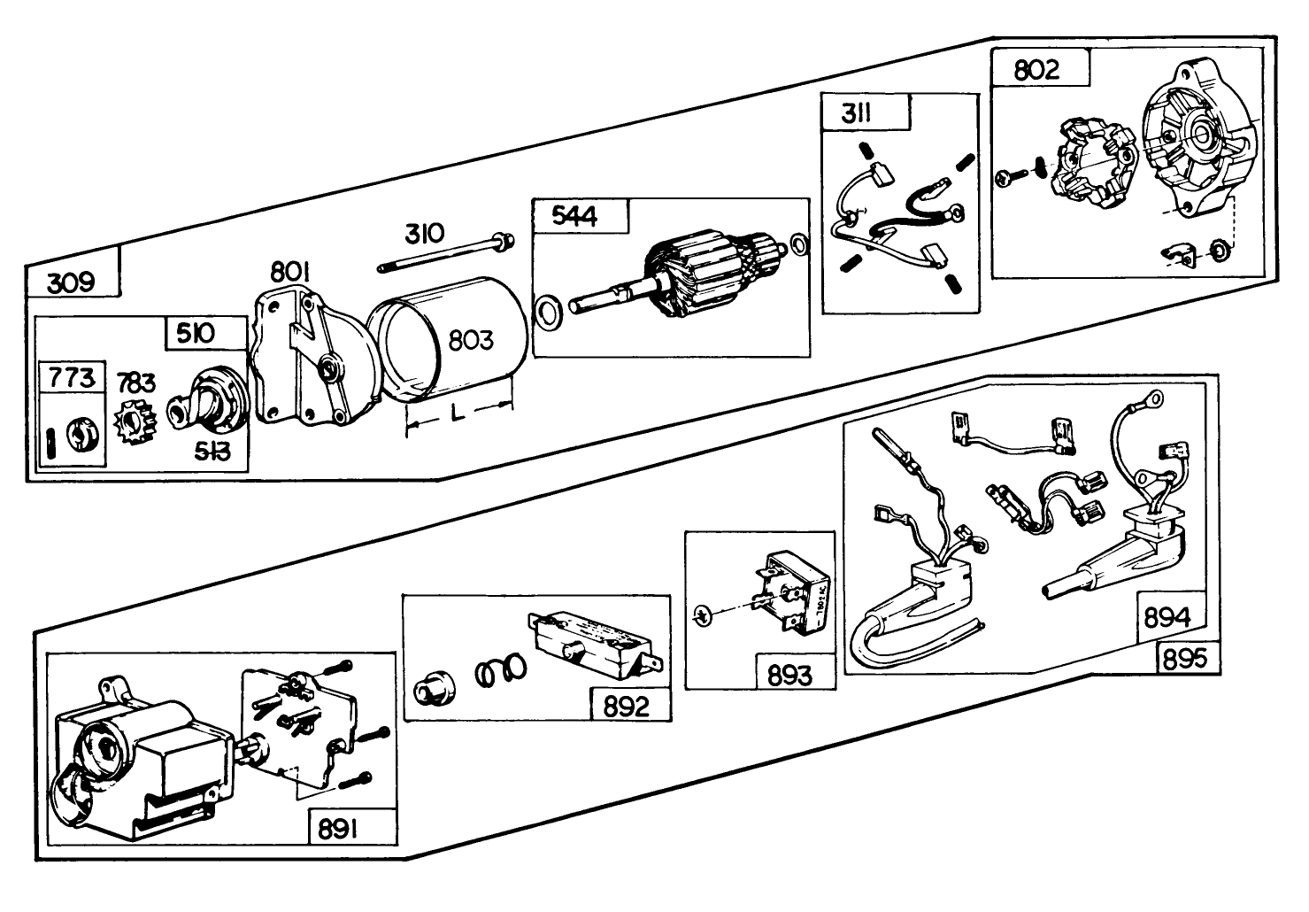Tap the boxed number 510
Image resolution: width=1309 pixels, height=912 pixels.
click(195, 334)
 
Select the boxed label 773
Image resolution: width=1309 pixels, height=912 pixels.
click(71, 379)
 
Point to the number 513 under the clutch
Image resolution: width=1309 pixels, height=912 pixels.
click(212, 452)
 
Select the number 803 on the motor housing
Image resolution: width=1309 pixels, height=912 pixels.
click(470, 339)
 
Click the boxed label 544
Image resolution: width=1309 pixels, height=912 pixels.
click(574, 216)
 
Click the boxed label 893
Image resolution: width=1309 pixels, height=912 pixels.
click(789, 676)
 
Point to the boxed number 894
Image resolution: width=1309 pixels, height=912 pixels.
click(1167, 617)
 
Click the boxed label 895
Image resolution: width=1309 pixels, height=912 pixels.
click(1186, 658)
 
